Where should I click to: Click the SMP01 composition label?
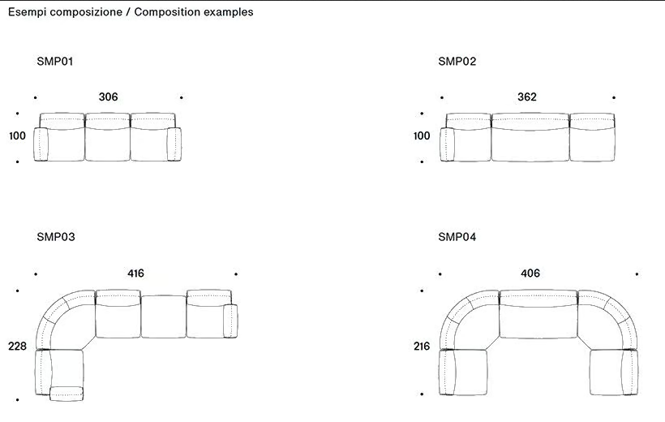(54, 62)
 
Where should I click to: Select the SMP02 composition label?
(457, 62)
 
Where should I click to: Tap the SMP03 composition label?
(56, 237)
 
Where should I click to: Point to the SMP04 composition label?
(457, 237)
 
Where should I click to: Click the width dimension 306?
(108, 97)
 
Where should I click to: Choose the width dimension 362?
(527, 97)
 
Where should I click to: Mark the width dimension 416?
(135, 273)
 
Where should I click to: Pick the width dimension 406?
(530, 273)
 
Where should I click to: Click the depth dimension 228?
(17, 347)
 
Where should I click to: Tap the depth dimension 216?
(422, 347)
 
